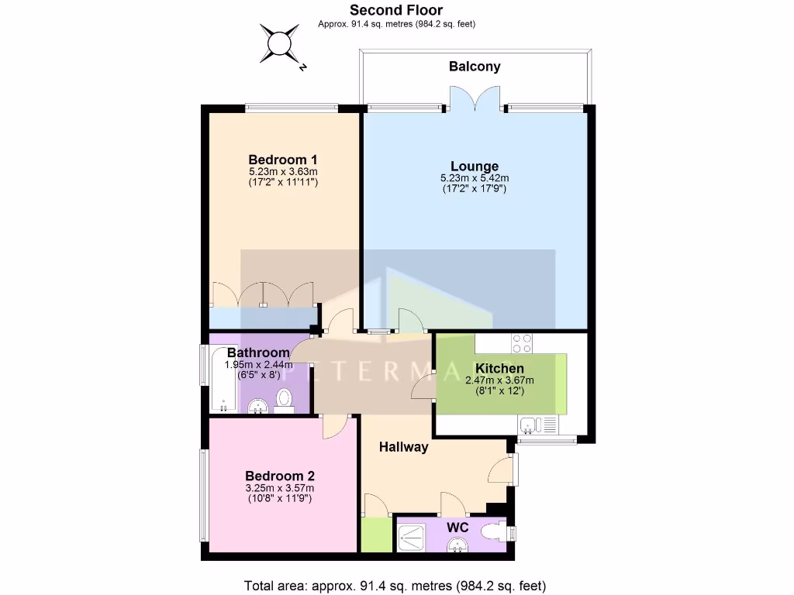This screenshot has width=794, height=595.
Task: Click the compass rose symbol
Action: coord(280,43)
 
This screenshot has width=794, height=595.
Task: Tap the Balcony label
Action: coord(475,67)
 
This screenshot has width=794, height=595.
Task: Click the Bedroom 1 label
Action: coord(283,160)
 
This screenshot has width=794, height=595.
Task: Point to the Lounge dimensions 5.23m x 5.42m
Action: coord(475,177)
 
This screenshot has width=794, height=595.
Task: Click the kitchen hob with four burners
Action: coord(521,342)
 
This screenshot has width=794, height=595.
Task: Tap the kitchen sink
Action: coord(530,425)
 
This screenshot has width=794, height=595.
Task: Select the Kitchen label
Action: coord(499,368)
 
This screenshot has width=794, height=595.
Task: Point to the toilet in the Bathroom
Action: coord(284,400)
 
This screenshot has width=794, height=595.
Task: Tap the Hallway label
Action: coord(403,447)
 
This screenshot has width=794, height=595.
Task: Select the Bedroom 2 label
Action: coord(280,476)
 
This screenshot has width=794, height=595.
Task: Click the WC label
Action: coord(459,527)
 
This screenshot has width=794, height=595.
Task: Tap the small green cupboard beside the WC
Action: coord(376,535)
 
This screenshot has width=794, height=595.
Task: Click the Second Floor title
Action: coord(396,10)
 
